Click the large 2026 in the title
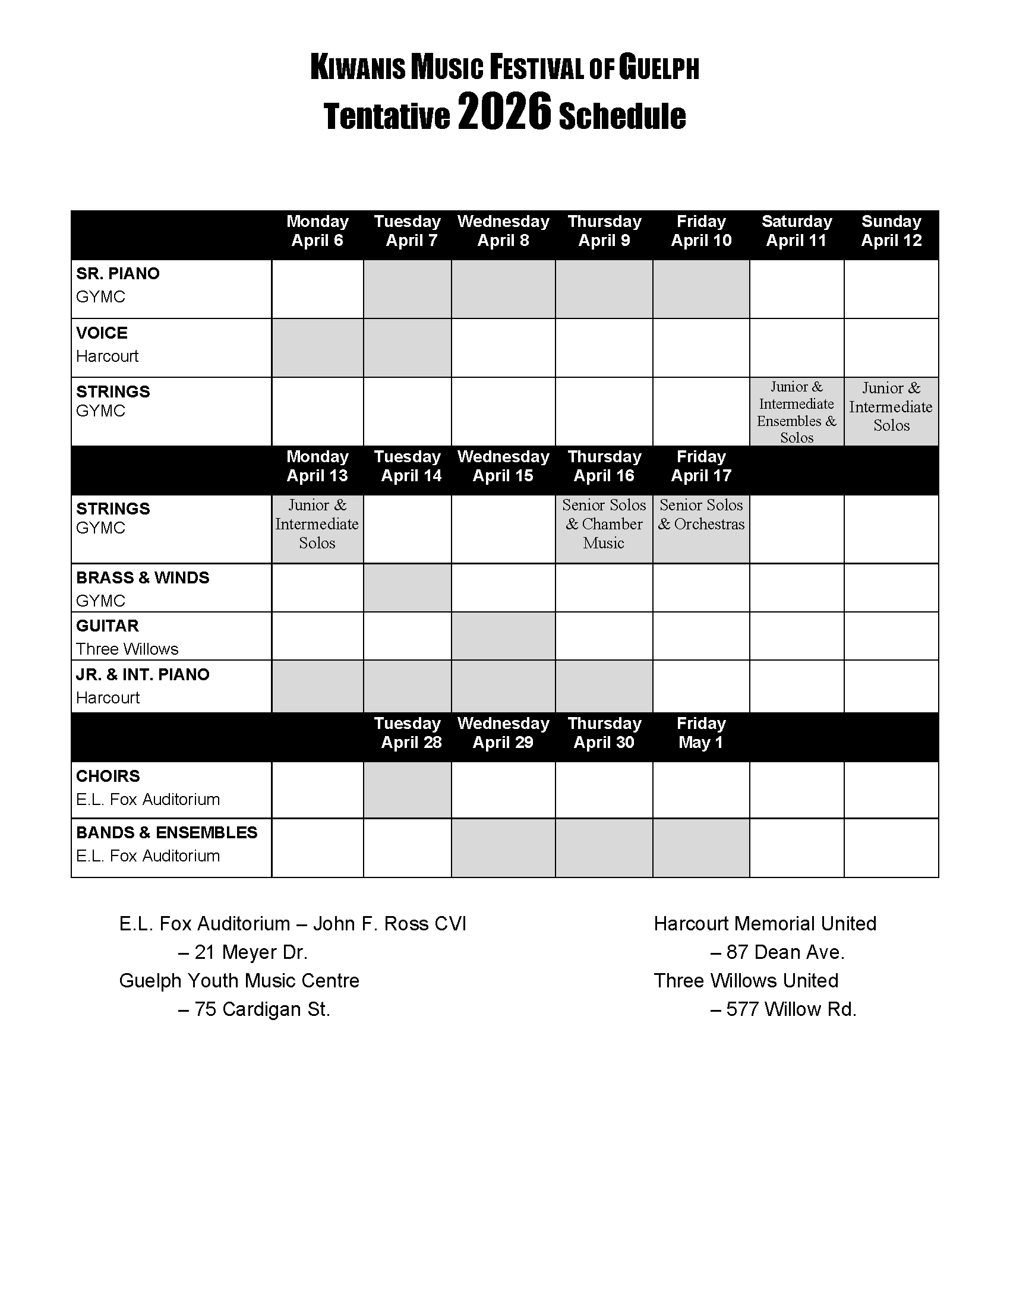click(x=503, y=113)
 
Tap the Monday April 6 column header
click(x=317, y=231)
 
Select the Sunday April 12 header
click(x=891, y=231)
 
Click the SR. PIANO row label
click(x=118, y=273)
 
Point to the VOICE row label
click(x=102, y=333)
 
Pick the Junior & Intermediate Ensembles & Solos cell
click(x=796, y=412)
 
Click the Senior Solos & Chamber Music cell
click(x=604, y=524)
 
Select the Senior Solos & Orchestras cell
click(x=700, y=515)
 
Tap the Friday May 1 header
click(x=700, y=733)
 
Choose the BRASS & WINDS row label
click(x=143, y=577)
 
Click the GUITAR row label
click(x=107, y=626)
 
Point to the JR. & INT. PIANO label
click(x=143, y=674)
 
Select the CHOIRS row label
click(x=108, y=776)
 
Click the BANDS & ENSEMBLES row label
click(x=166, y=832)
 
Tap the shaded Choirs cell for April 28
click(x=407, y=790)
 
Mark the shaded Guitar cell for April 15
click(x=503, y=636)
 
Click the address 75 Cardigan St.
click(x=254, y=1009)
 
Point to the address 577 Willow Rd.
click(x=783, y=1009)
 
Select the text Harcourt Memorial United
click(x=765, y=923)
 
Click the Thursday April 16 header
click(x=604, y=466)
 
